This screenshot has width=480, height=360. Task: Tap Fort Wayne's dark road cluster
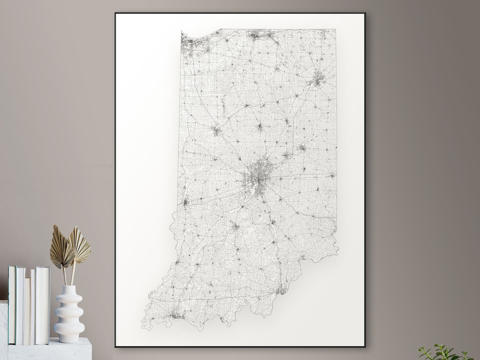tap(317, 80)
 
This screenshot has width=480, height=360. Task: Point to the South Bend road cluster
tap(257, 35)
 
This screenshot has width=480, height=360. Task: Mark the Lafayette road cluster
tap(216, 130)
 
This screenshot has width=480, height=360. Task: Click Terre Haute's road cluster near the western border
tap(185, 202)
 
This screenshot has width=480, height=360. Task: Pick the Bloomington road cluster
tap(235, 227)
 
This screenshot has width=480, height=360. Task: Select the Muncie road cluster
tap(302, 148)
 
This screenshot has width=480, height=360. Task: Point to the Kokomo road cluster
tap(260, 127)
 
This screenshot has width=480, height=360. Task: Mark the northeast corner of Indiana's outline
tap(336, 30)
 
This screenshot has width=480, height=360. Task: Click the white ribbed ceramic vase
tap(69, 314)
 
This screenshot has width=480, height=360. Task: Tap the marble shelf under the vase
tap(49, 350)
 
